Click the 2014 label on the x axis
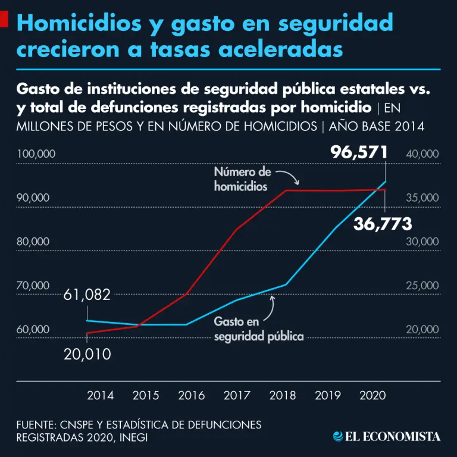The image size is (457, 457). (101, 395)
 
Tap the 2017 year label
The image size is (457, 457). (237, 395)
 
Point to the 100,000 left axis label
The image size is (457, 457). (36, 154)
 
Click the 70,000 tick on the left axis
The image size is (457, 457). (33, 286)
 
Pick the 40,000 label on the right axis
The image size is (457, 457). (422, 154)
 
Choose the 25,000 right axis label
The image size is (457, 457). (422, 286)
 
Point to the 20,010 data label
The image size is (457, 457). (87, 355)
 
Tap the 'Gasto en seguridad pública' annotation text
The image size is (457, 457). (259, 329)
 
